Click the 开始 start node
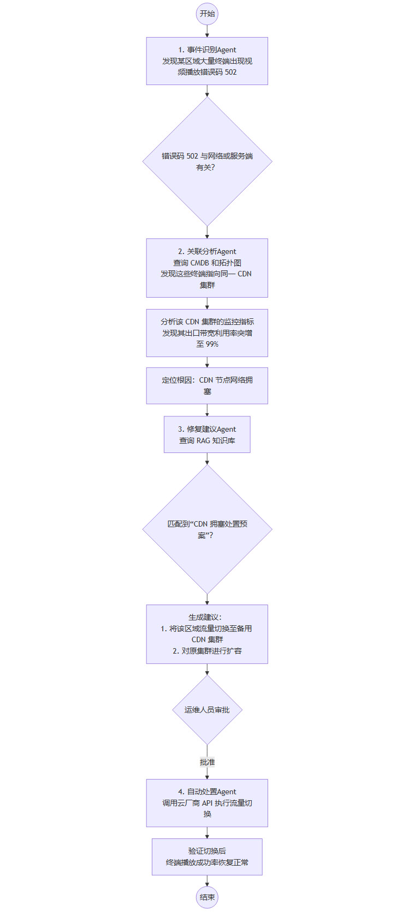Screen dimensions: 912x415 click(207, 14)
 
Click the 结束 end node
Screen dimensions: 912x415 click(207, 897)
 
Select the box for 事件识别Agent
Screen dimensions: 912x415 click(207, 61)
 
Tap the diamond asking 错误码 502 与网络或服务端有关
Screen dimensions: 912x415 click(207, 161)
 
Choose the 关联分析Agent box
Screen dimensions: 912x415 click(207, 268)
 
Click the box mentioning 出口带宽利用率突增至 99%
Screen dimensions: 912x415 click(207, 333)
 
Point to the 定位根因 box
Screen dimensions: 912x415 click(207, 385)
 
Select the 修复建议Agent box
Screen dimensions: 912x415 click(207, 434)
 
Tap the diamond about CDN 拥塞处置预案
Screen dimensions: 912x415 click(207, 529)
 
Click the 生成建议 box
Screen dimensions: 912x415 click(207, 634)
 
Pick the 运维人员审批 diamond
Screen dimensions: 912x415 click(207, 710)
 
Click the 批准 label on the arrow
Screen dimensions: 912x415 click(207, 762)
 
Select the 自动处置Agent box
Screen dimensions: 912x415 click(207, 803)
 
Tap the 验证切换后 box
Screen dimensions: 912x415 click(207, 857)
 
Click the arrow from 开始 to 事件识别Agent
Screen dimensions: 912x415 click(207, 31)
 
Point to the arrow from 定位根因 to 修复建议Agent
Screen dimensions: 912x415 click(207, 410)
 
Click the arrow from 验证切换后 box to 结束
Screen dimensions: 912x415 click(207, 881)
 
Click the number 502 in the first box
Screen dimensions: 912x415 click(230, 72)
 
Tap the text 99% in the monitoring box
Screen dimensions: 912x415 click(212, 345)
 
